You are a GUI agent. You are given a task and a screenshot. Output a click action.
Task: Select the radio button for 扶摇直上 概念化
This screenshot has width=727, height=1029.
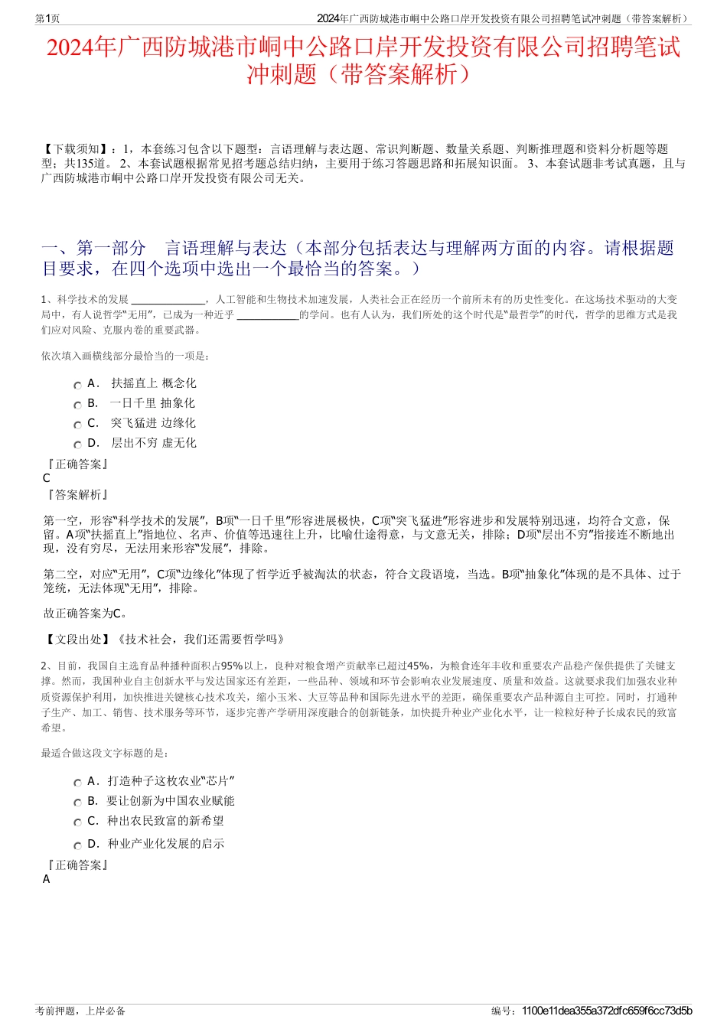[x=77, y=386]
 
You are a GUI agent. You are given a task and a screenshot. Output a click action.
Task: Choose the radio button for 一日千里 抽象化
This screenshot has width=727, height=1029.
[x=77, y=405]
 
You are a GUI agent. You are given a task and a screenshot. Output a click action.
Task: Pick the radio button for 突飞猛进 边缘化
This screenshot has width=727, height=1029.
[x=77, y=425]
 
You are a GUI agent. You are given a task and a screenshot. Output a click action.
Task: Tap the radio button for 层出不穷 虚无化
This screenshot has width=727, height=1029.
[x=77, y=445]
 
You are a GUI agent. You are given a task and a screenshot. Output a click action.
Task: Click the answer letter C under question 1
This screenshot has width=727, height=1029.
[x=47, y=478]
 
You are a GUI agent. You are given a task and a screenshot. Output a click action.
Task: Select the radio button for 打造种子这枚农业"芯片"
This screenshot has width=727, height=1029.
[x=77, y=783]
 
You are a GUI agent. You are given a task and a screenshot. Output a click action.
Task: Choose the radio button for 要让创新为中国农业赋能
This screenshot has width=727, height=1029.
[x=77, y=803]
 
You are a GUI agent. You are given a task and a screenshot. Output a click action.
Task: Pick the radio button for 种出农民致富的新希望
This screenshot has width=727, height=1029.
[x=77, y=823]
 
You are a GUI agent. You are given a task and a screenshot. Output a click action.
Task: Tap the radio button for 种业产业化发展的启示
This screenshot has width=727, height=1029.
[x=77, y=846]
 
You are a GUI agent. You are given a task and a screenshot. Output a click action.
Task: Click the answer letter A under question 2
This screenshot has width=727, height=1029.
[x=47, y=879]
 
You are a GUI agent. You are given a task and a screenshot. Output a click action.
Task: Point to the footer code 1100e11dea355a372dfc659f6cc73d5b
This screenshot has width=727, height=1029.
[x=606, y=1011]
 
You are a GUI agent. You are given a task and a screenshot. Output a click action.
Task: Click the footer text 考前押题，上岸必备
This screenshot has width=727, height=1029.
[x=80, y=1011]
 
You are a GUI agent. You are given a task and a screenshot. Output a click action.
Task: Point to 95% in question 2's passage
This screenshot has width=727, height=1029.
[x=232, y=666]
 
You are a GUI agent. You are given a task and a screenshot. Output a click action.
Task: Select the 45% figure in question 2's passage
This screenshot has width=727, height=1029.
[x=419, y=666]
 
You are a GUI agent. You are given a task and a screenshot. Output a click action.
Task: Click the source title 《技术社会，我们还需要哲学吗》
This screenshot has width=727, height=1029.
[x=200, y=640]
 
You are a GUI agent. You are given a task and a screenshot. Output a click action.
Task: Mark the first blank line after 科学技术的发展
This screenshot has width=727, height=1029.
[x=168, y=301]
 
